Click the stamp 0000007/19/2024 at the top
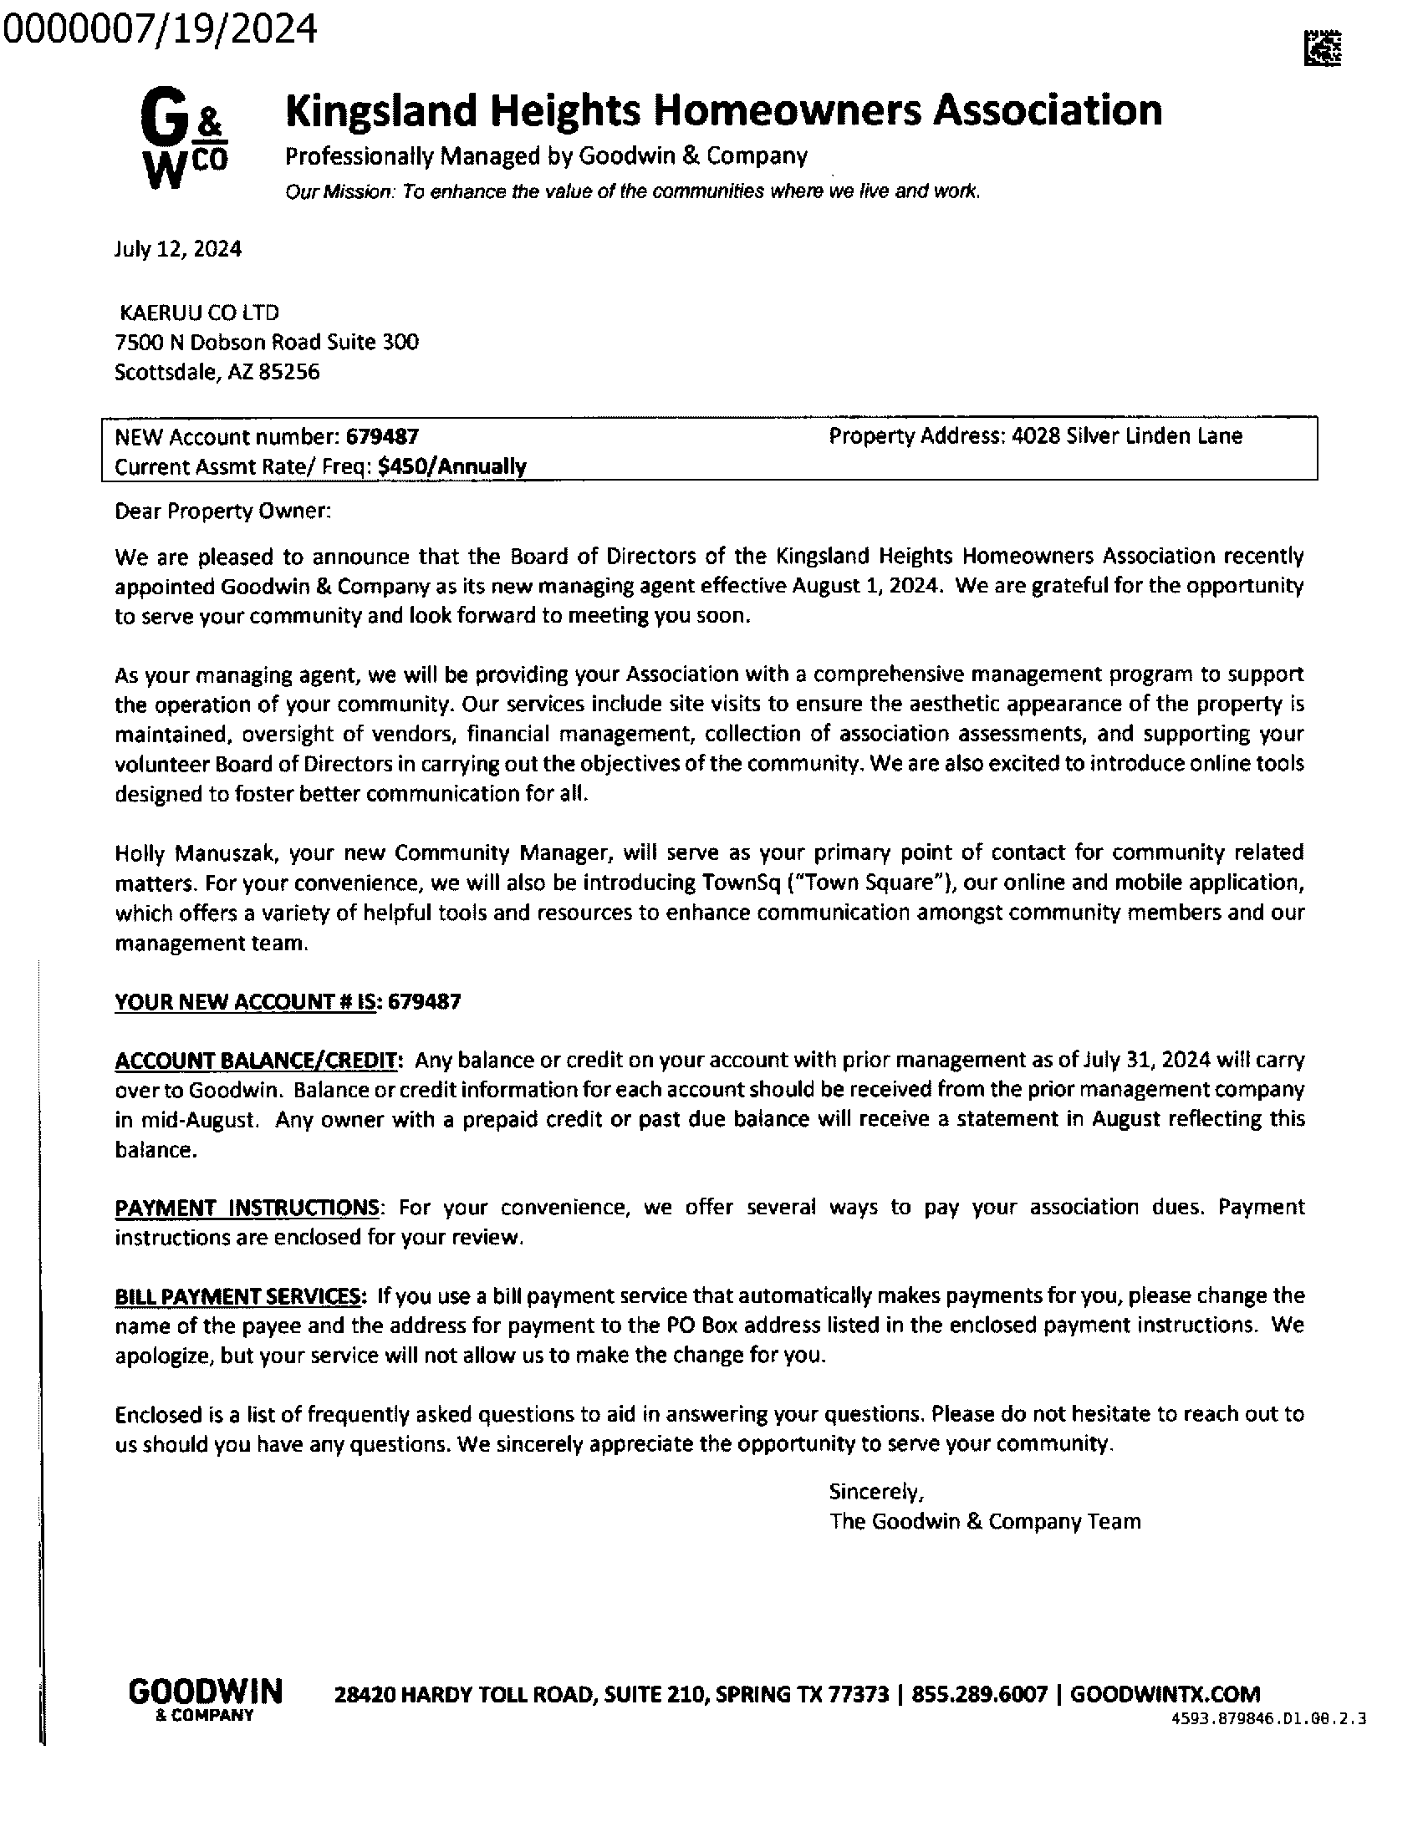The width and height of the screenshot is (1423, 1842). tap(161, 29)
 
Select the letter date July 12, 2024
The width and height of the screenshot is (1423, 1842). tap(178, 250)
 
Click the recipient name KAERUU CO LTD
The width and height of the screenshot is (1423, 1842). tap(199, 313)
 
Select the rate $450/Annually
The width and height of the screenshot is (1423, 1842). tap(452, 466)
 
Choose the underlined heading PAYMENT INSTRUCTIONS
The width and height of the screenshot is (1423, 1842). tap(247, 1208)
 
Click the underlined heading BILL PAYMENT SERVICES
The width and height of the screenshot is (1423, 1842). tap(240, 1295)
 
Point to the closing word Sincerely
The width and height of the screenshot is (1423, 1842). tap(875, 1492)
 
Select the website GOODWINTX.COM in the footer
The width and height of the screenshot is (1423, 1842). tap(1165, 1694)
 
